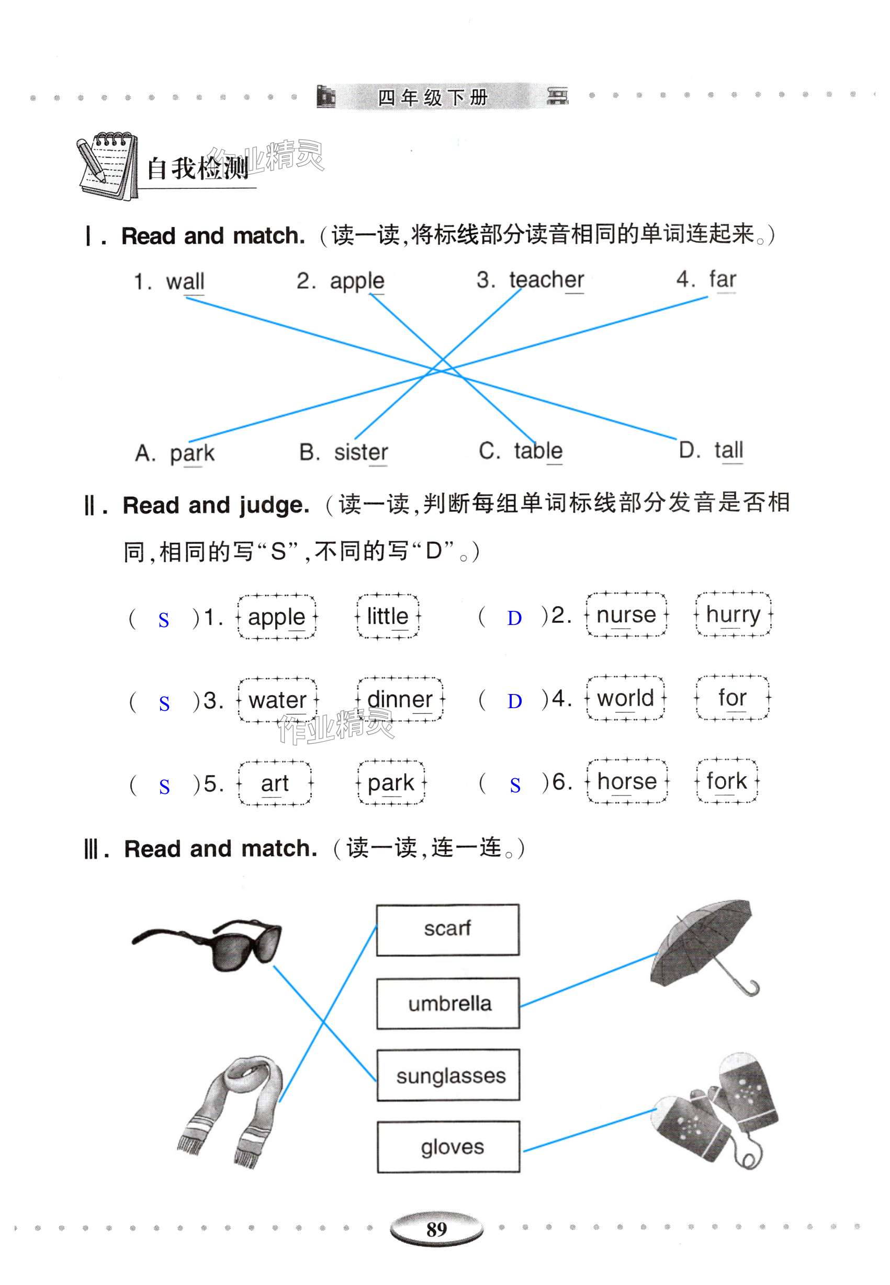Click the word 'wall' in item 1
tap(185, 281)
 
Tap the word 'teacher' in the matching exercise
tap(546, 280)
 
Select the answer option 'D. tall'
tap(711, 450)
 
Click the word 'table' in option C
tap(537, 451)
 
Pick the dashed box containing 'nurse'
tap(626, 615)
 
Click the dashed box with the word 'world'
tap(625, 698)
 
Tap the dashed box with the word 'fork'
tap(726, 781)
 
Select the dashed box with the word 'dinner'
tap(400, 700)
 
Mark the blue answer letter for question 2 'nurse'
tap(514, 618)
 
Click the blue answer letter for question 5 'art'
tap(164, 787)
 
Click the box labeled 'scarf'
tap(447, 929)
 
